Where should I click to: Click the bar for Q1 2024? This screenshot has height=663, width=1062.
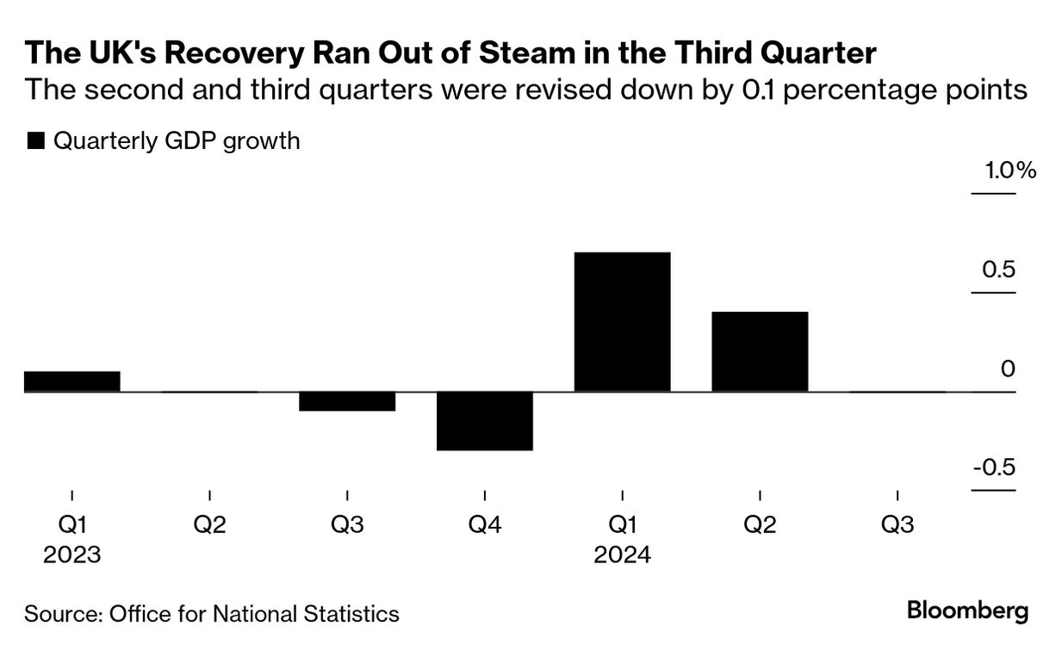(622, 322)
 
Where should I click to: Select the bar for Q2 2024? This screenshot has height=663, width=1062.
(760, 351)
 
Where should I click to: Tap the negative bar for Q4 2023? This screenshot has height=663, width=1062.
(485, 421)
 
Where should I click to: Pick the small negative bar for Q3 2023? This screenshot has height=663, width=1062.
(347, 401)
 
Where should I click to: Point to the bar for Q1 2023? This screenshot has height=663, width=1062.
(72, 381)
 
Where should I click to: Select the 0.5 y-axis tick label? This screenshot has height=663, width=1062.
(999, 270)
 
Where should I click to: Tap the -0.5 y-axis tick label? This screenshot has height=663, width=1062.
(995, 468)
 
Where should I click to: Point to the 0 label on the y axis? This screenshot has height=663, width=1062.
(1009, 369)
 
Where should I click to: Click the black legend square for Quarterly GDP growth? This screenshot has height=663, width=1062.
(35, 142)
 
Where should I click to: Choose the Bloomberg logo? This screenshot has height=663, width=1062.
(968, 612)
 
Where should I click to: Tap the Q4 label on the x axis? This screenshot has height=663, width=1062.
(485, 525)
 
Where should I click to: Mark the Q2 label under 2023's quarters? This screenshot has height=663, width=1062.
(210, 525)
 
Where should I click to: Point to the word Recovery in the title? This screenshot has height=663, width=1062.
(227, 54)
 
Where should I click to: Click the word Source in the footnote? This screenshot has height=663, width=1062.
(61, 614)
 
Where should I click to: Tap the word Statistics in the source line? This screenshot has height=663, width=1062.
(354, 614)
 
